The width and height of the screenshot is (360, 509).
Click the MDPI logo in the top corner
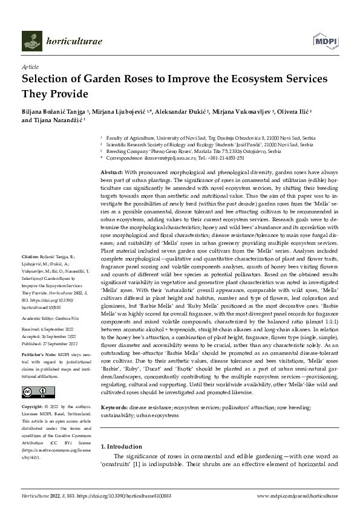click(323, 40)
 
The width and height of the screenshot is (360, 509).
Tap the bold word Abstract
click(111, 173)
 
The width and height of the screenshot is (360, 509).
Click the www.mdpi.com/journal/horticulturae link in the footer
click(296, 495)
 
